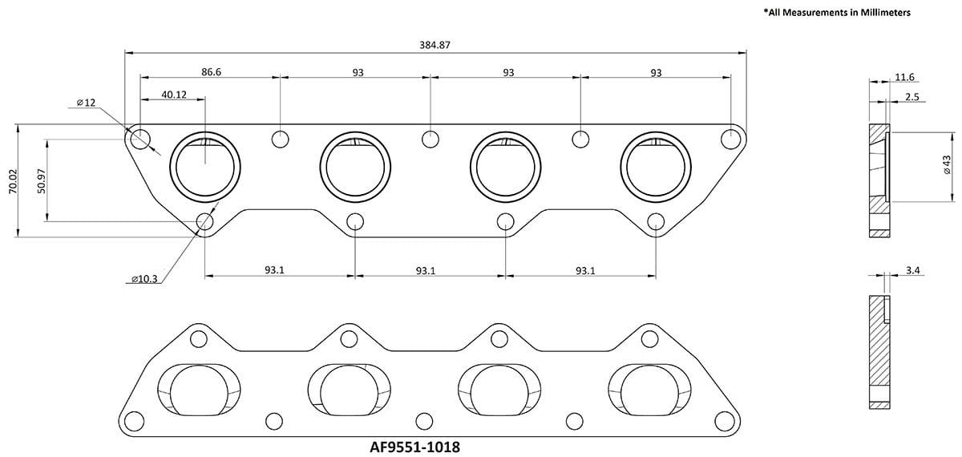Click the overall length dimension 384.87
pos(434,45)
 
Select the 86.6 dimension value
pos(211,72)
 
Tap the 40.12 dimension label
pos(173,94)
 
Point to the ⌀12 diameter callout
pos(86,103)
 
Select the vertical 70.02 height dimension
pos(11,181)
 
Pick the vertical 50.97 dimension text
pos(40,182)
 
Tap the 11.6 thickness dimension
pos(904,77)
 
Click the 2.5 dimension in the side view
pos(912,96)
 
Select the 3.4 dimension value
pos(912,272)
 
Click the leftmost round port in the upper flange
pos(206,166)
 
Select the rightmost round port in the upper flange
pos(657,166)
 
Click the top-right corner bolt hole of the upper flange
pos(730,138)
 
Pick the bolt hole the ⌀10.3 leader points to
pos(205,221)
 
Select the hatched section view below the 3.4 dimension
pos(879,353)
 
